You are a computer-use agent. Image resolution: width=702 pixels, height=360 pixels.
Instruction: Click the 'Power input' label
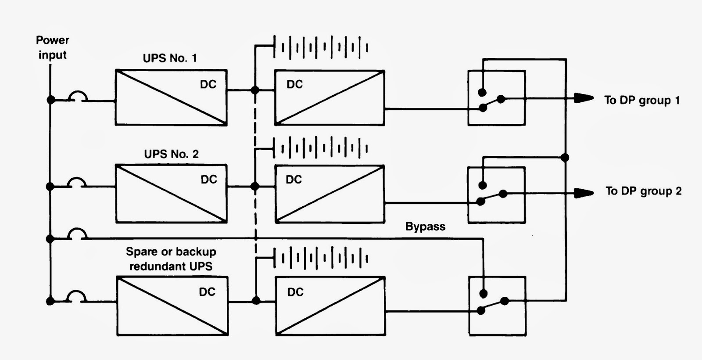tap(52, 47)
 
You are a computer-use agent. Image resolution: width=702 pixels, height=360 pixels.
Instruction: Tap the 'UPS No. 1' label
tap(170, 58)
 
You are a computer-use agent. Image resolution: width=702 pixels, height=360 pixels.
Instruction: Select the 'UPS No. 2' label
tap(172, 154)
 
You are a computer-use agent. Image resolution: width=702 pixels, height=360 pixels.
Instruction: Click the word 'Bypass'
tap(425, 227)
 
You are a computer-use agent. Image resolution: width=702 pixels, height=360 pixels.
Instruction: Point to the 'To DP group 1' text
tap(642, 101)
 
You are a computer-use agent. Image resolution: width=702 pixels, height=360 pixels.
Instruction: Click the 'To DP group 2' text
tap(643, 191)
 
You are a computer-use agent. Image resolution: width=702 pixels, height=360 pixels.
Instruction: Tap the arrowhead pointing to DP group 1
tap(584, 98)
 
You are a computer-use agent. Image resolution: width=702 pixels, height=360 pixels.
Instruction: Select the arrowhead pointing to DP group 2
tap(584, 193)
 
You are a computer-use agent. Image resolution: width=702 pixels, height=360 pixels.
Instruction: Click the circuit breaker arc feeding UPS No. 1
tap(78, 96)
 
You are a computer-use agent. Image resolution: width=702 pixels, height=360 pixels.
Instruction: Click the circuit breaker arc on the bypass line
tap(77, 234)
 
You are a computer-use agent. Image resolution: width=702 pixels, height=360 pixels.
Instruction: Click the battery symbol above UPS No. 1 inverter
tap(321, 47)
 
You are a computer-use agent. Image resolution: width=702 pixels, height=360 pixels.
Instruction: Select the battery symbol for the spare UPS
tap(321, 258)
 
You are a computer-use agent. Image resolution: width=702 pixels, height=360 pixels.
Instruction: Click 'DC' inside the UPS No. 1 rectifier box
tap(208, 84)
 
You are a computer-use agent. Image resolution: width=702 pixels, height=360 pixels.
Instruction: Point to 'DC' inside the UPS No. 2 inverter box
tap(294, 180)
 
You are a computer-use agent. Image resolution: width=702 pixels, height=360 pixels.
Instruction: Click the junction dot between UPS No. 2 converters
tap(255, 187)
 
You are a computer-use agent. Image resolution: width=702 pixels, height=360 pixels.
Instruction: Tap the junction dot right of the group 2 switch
tap(565, 157)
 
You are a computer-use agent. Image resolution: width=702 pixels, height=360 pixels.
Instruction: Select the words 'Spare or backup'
tap(171, 252)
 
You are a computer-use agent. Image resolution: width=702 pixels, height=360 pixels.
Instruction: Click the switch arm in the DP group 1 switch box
tap(492, 104)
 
